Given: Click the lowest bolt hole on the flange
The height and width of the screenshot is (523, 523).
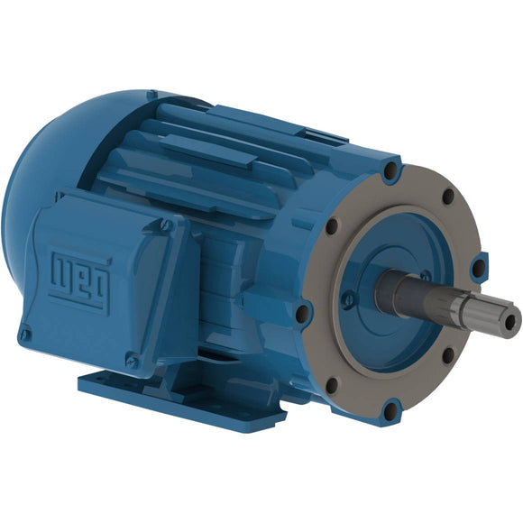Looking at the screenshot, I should pyautogui.click(x=389, y=412).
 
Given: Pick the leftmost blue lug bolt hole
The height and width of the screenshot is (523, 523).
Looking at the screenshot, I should pyautogui.click(x=305, y=313).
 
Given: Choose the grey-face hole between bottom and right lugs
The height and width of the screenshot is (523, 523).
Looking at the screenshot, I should pyautogui.click(x=446, y=354).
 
